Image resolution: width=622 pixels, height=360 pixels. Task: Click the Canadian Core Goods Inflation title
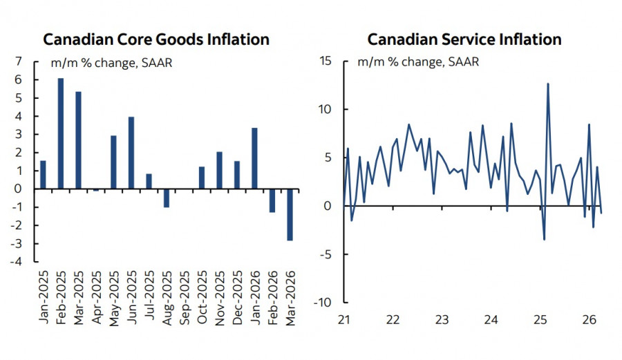[156, 39]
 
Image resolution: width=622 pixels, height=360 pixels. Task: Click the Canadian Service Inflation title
[464, 39]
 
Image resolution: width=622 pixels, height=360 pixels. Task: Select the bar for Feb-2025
[61, 133]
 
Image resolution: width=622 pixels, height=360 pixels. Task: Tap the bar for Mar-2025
[78, 140]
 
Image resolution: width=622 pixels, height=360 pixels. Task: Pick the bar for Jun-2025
[131, 153]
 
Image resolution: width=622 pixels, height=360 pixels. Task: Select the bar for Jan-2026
[255, 158]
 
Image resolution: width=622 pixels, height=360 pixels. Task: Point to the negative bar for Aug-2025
[167, 198]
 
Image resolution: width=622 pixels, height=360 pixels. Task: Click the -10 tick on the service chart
[323, 303]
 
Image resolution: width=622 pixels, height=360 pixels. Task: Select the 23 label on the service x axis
[442, 320]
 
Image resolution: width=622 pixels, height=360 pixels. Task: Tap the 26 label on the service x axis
[590, 320]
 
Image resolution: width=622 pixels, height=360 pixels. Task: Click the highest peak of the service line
[548, 84]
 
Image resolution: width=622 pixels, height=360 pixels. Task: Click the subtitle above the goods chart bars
[111, 64]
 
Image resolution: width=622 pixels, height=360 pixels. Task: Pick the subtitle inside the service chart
[417, 62]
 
